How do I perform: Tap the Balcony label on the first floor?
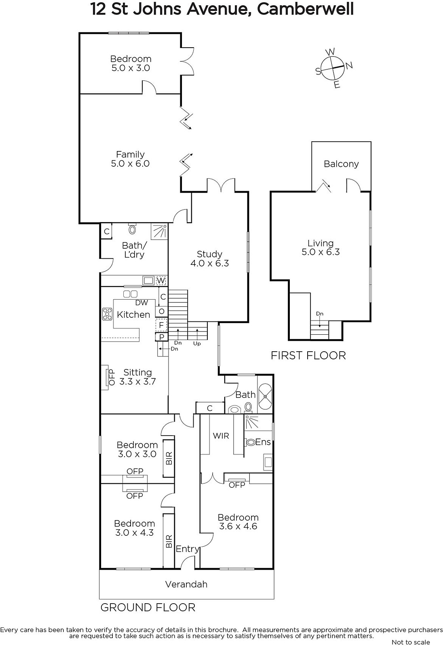coord(341,164)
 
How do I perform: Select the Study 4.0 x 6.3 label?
coord(210,258)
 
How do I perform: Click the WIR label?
coord(221,436)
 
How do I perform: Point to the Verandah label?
coord(186,584)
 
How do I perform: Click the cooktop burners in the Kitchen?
coord(108,314)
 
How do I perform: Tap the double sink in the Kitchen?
coord(130,294)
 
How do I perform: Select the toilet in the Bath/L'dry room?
coord(133,229)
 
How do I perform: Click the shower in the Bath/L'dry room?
coord(159,232)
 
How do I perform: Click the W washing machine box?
coord(161,280)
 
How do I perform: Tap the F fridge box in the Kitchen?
coord(161,325)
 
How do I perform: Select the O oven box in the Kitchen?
coord(162,311)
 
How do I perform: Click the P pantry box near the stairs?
coord(162,337)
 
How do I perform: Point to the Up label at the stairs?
coord(197,344)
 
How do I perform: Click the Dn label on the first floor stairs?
coord(319,313)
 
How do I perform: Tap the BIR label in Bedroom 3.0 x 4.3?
coord(169,541)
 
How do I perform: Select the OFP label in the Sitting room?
coord(112,377)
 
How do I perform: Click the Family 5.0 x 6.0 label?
coord(130,159)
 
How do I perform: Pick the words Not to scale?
coord(411,642)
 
